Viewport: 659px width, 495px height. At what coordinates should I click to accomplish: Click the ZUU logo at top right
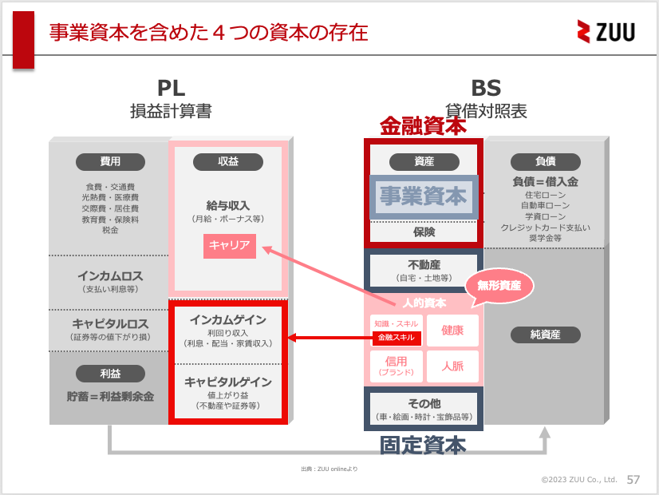(x=606, y=31)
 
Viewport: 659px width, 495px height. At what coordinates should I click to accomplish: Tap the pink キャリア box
(x=230, y=245)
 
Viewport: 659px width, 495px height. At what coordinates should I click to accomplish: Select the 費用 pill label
(x=110, y=161)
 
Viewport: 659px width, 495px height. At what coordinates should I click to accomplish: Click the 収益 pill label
(x=228, y=161)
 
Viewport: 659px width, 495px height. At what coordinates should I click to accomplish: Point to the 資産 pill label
(x=424, y=161)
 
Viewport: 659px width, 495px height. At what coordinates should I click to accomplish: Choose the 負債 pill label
(x=545, y=161)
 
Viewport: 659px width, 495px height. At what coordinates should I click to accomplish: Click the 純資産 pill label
(x=545, y=335)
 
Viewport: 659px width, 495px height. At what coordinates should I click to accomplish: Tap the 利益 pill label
(x=110, y=373)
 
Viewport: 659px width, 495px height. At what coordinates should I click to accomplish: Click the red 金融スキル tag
(x=397, y=338)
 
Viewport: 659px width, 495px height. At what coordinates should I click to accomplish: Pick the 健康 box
(x=452, y=330)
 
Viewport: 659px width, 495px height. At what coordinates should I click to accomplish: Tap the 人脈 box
(x=452, y=366)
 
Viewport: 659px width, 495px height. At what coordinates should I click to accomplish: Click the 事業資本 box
(x=424, y=196)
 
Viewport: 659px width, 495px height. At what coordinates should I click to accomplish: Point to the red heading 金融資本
(x=423, y=125)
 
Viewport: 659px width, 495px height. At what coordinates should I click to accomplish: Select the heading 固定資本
(x=423, y=445)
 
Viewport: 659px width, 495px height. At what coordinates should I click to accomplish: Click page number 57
(x=633, y=480)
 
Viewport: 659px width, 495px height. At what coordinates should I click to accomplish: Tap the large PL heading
(x=171, y=88)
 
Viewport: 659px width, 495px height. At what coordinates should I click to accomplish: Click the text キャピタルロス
(x=110, y=323)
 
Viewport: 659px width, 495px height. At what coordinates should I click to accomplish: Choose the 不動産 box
(x=424, y=270)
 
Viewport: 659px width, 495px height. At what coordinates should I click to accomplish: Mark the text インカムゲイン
(x=228, y=319)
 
